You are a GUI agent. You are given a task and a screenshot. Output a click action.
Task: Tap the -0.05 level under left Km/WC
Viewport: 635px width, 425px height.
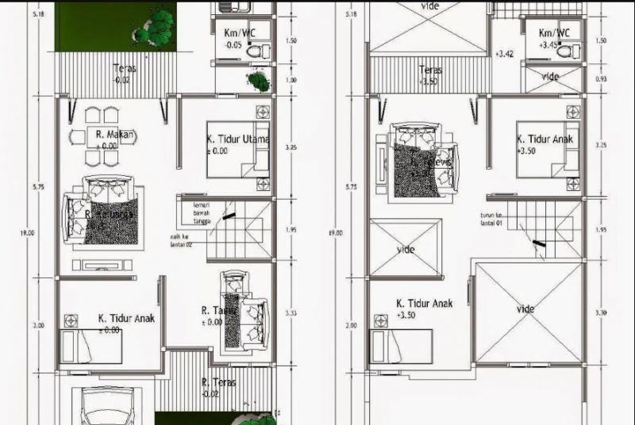coord(233,46)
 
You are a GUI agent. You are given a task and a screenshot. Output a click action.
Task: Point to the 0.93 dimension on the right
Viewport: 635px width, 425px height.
coord(601,79)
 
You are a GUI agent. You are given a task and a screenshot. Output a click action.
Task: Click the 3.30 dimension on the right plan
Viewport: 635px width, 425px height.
coord(601,313)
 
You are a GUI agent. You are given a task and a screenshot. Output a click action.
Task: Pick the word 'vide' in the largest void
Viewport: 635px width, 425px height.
coord(525,308)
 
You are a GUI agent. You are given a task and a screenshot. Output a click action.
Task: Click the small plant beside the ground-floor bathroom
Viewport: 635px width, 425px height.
coord(256,80)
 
